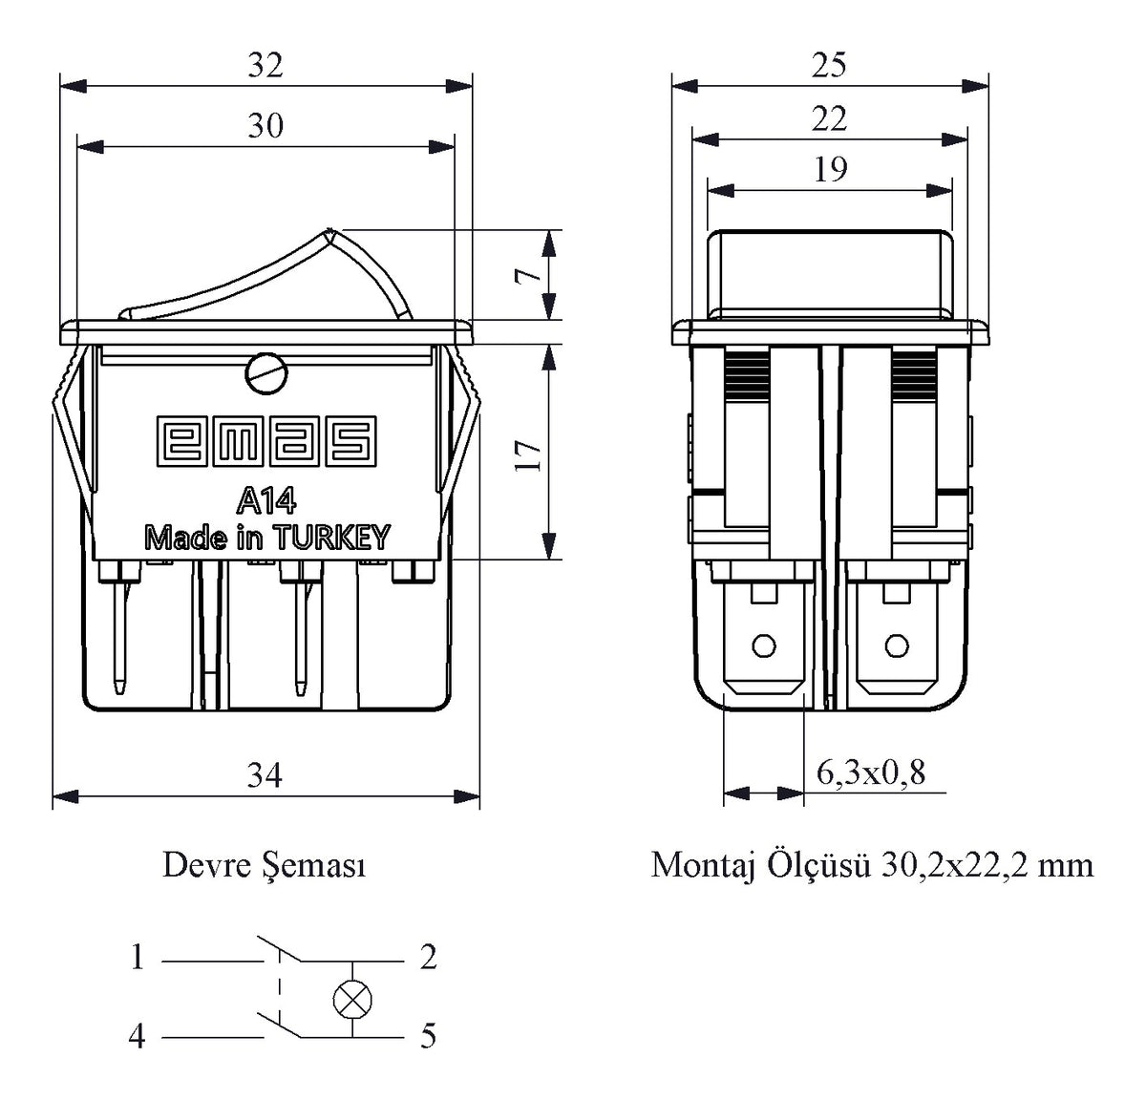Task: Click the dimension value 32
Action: click(265, 65)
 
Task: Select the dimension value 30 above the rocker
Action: click(265, 125)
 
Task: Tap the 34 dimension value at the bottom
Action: click(265, 775)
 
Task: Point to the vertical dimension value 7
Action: click(528, 276)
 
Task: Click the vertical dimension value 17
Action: click(528, 455)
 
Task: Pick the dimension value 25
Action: click(829, 65)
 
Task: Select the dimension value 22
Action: click(829, 119)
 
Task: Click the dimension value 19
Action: click(830, 169)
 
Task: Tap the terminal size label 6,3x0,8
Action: click(870, 772)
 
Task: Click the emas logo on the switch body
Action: click(266, 441)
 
